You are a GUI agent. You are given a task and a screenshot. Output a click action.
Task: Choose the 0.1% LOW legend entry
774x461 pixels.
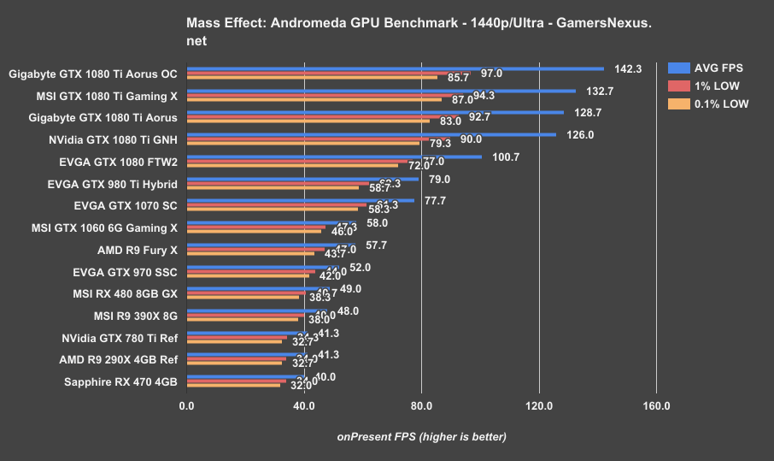point(717,103)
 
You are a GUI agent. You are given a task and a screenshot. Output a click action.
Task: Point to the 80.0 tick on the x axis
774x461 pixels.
point(421,406)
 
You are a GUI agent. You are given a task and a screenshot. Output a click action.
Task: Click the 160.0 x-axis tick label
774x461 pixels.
point(656,406)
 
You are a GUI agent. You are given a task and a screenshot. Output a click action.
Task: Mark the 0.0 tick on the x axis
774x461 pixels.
point(187,406)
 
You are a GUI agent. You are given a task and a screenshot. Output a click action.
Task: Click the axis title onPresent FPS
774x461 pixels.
point(421,437)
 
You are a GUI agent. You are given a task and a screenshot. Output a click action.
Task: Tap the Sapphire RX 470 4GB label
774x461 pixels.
point(120,381)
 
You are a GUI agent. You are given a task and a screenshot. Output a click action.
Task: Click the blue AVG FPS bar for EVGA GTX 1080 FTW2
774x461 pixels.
point(334,157)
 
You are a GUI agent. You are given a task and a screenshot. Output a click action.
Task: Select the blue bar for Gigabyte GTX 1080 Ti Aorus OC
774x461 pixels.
point(395,68)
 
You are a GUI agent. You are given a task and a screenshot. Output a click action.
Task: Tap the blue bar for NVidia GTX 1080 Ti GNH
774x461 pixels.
point(371,134)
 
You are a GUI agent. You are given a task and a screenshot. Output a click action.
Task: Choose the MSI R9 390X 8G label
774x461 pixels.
point(135,316)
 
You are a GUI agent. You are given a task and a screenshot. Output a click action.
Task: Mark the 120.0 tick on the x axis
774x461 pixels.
point(539,406)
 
